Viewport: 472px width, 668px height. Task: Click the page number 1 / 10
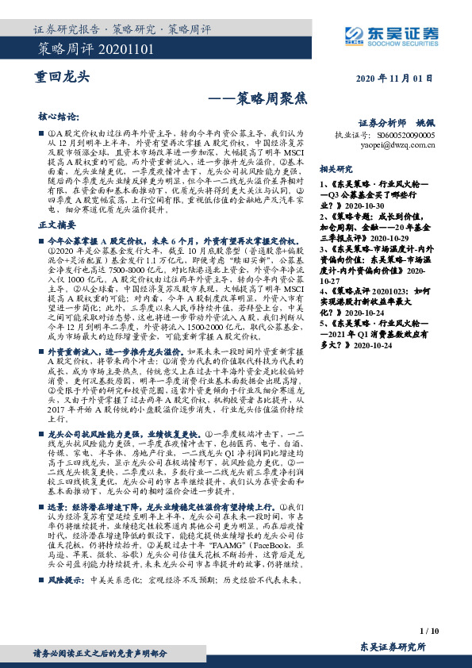click(x=428, y=630)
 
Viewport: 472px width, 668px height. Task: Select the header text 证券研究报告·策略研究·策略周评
click(x=122, y=29)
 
